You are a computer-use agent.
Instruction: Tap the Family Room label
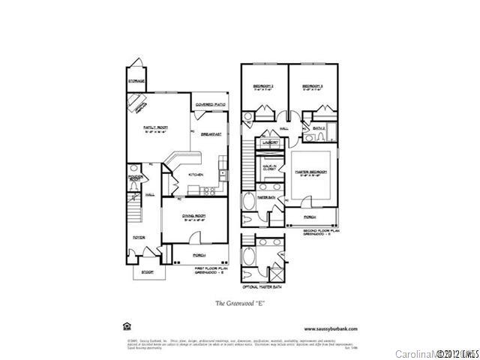point(155,129)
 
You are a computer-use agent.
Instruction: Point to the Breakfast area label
point(211,134)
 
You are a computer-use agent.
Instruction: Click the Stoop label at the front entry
point(147,272)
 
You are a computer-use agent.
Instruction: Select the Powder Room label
point(135,178)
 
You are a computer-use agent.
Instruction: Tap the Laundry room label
point(269,141)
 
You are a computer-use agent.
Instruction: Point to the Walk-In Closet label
point(267,168)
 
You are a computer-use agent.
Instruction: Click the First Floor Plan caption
point(210,269)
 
